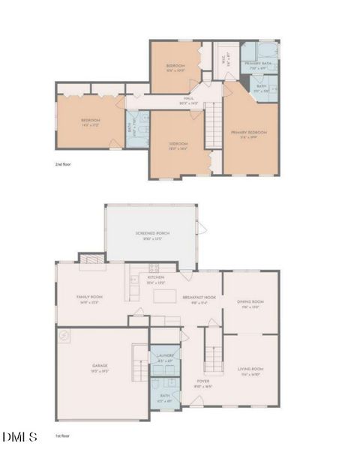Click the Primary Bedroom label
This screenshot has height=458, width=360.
248,132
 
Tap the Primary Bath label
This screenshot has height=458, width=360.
257,64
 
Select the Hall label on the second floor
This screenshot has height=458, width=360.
190,99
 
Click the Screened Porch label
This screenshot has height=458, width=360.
152,234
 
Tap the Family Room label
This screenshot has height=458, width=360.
89,298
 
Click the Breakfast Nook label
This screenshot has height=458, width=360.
199,298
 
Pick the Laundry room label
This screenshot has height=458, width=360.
166,356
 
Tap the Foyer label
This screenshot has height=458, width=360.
202,381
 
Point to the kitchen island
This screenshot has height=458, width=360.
165,296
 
